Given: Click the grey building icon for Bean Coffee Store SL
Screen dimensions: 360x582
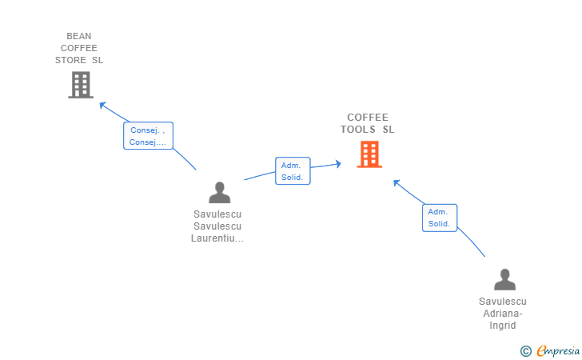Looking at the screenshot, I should click(x=81, y=85).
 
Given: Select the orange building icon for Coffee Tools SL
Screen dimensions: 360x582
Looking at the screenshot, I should click(x=369, y=154).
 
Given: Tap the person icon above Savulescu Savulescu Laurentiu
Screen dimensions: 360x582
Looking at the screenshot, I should click(x=219, y=193).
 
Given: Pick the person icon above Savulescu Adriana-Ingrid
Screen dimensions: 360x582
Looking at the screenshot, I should click(x=504, y=279).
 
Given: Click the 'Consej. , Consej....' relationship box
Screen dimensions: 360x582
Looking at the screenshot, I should click(x=149, y=136).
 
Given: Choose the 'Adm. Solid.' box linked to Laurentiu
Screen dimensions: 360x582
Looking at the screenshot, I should click(x=293, y=170).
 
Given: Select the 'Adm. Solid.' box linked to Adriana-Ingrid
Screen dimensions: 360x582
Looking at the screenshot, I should click(x=440, y=218).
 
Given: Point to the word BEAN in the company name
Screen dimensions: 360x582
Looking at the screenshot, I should click(x=79, y=36).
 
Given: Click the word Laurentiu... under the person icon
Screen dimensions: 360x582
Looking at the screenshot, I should click(x=217, y=238).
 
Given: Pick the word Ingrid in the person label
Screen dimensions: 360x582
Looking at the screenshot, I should click(x=503, y=326).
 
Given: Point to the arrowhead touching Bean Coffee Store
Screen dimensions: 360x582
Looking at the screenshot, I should click(x=102, y=104).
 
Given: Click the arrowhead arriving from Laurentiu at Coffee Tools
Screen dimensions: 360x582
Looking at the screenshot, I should click(x=338, y=164).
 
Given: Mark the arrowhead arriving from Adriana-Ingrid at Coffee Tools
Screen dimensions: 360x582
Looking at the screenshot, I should click(x=396, y=182).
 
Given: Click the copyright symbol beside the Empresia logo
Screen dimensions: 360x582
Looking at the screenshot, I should click(x=525, y=350).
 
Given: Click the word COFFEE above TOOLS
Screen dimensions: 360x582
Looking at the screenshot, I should click(x=368, y=118).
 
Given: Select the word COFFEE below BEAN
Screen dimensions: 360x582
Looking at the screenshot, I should click(x=79, y=48).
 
